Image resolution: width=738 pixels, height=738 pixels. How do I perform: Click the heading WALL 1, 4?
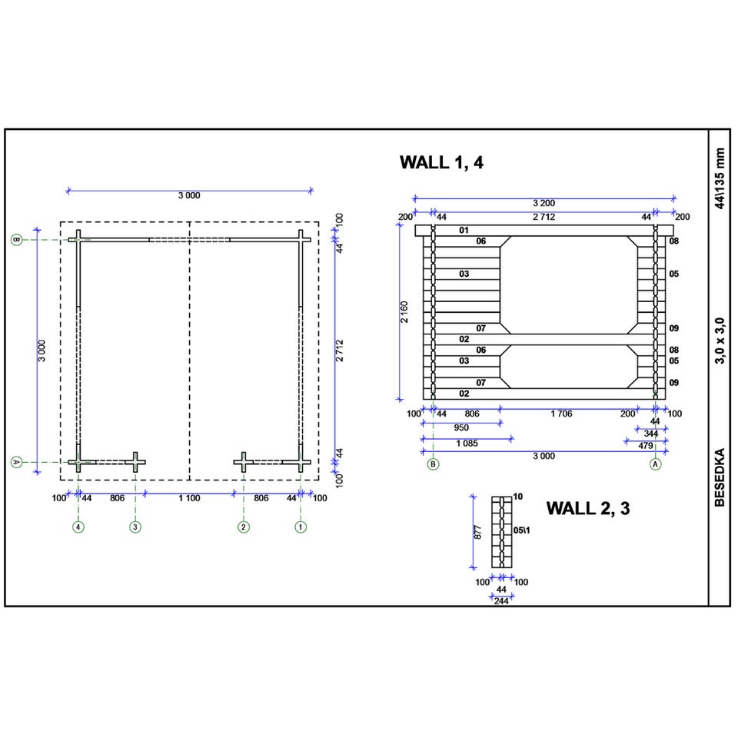coord(441,163)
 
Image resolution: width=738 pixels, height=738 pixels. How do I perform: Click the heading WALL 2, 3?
coord(588,509)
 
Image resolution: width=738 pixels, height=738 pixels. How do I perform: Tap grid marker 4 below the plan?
coord(78,527)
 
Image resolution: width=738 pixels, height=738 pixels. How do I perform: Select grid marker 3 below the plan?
coord(135,527)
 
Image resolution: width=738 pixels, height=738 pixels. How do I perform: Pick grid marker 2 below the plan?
coord(244,527)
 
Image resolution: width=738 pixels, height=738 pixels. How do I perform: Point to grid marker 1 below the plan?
coord(301,527)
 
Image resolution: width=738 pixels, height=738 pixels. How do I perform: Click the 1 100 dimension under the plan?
coord(189,498)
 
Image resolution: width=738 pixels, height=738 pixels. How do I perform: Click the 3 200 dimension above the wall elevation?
coord(544,203)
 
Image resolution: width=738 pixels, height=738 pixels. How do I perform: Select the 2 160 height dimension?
coord(404,312)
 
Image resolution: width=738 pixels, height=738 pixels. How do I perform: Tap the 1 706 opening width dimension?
coord(561,414)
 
